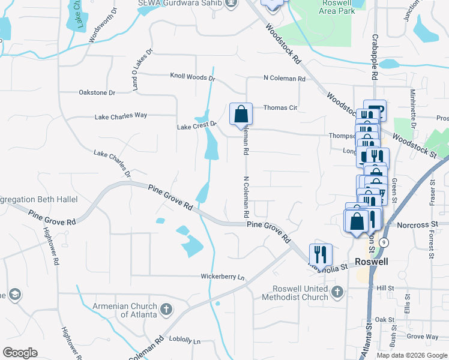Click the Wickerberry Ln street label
tap(224, 277)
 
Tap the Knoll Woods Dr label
tap(192, 77)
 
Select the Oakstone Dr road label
tap(97, 92)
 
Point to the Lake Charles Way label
tap(121, 115)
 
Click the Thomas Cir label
tap(280, 108)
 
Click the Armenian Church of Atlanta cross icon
tap(166, 310)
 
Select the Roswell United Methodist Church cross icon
tap(337, 292)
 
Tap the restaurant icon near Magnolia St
tap(321, 254)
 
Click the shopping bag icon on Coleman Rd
tap(240, 114)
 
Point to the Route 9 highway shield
tap(385, 242)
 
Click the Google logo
tap(20, 353)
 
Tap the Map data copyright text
tap(412, 355)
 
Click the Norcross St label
tap(418, 225)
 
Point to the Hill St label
tap(385, 288)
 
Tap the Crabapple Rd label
tap(374, 64)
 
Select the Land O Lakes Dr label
tap(143, 70)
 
